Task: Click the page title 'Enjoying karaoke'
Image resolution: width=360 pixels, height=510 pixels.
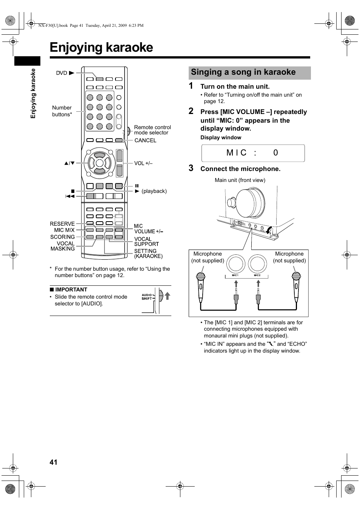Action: pos(101,48)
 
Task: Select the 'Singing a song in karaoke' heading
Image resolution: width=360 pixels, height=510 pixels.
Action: pos(243,72)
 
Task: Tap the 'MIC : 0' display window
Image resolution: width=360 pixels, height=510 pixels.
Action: pos(253,153)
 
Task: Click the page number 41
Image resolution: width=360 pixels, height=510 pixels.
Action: pos(53,462)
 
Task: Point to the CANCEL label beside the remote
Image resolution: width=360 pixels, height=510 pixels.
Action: pos(145,140)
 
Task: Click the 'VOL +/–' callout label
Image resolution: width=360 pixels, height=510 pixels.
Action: pos(143,163)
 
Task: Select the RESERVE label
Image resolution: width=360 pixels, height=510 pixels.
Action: pos(62,224)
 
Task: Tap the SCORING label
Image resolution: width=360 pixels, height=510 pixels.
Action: pos(62,237)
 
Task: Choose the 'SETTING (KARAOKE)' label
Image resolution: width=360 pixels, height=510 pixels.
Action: pos(148,254)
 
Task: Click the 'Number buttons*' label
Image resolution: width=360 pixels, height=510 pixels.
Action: pos(62,111)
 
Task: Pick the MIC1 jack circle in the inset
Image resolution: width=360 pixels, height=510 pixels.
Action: pos(235,264)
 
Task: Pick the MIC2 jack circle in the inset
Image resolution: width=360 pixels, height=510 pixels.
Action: pos(257,264)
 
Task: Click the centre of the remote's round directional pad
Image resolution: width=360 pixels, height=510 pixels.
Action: pos(99,163)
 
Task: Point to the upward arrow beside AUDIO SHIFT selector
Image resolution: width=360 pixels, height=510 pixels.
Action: pos(167,296)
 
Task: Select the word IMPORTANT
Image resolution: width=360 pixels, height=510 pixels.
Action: pos(71,290)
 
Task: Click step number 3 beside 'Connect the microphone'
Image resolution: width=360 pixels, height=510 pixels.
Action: pos(191,168)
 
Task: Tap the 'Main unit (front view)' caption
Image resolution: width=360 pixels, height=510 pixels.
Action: pos(240,180)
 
